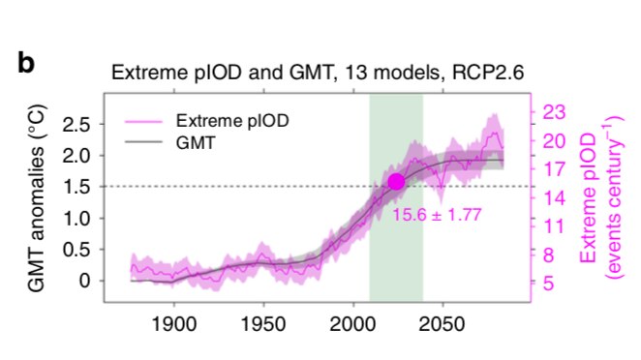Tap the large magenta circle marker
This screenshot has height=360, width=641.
(395, 182)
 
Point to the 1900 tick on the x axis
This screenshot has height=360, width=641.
(175, 320)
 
